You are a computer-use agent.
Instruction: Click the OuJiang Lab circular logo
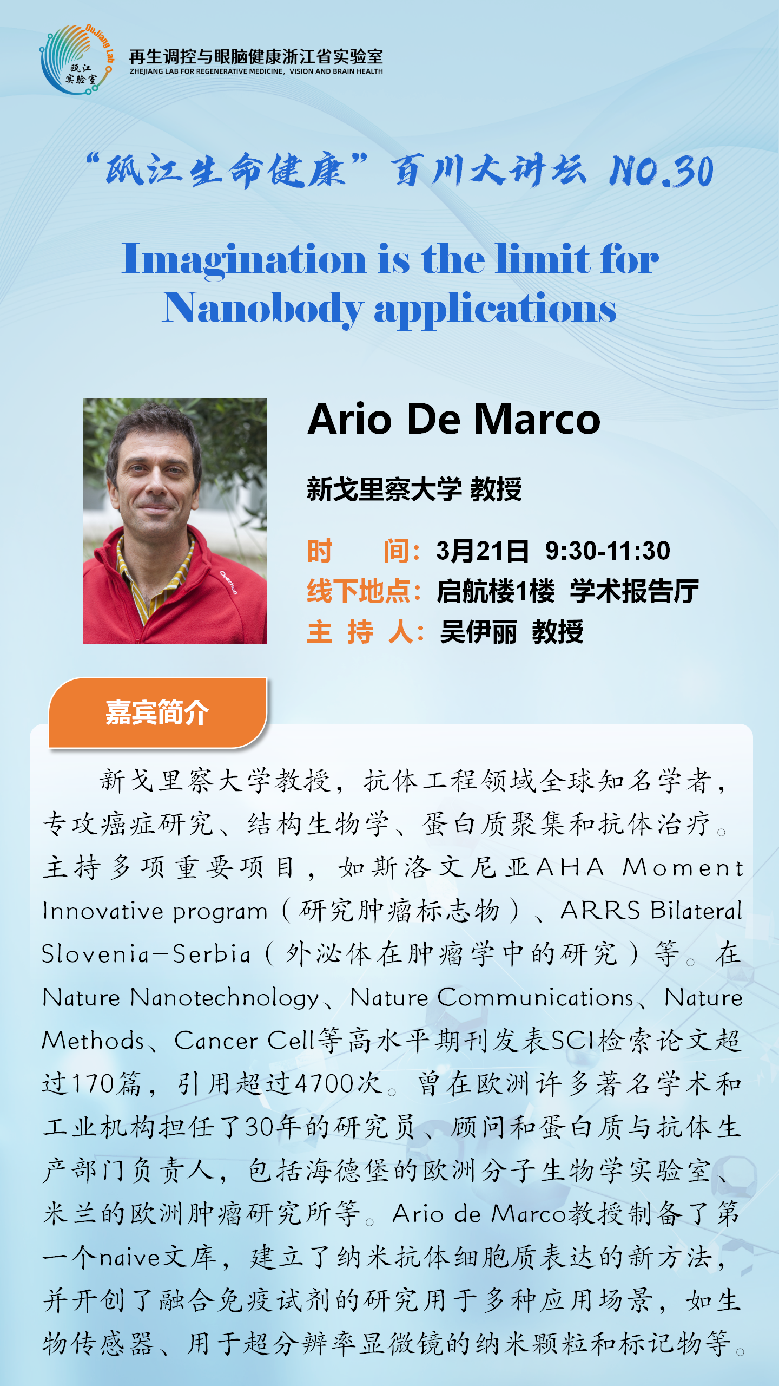pyautogui.click(x=77, y=60)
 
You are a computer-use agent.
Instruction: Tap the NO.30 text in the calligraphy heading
pyautogui.click(x=661, y=172)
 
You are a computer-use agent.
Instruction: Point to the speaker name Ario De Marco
pyautogui.click(x=454, y=419)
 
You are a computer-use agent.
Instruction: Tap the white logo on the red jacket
pyautogui.click(x=228, y=582)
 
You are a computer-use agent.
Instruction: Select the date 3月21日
pyautogui.click(x=483, y=551)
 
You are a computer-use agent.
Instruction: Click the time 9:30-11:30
pyautogui.click(x=608, y=551)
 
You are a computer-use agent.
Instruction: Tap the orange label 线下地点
pyautogui.click(x=364, y=591)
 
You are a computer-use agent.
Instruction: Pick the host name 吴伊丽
pyautogui.click(x=478, y=632)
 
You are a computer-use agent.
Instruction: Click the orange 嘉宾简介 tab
pyautogui.click(x=157, y=712)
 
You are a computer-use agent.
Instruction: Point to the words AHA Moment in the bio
pyautogui.click(x=640, y=867)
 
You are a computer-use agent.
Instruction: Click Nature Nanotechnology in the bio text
pyautogui.click(x=181, y=997)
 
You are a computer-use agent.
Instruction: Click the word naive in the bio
pyautogui.click(x=130, y=1257)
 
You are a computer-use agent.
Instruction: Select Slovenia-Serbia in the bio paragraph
pyautogui.click(x=146, y=954)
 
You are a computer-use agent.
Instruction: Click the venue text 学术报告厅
pyautogui.click(x=634, y=591)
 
